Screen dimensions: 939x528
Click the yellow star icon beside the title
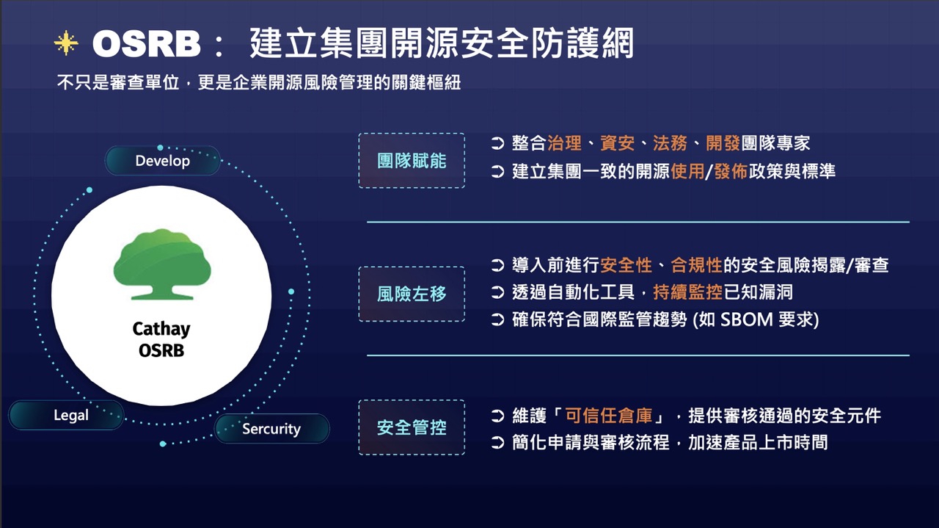pos(66,43)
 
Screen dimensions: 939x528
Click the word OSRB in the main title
pos(146,44)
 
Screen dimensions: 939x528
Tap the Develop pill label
pos(163,161)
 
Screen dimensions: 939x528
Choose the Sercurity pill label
pos(271,429)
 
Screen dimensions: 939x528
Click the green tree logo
pos(162,264)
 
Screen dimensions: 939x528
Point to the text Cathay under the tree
pos(161,329)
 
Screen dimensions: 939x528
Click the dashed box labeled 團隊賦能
pos(412,161)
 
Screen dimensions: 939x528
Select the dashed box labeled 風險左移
pos(412,294)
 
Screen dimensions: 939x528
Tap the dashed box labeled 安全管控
pos(412,427)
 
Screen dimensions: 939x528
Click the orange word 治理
pos(564,143)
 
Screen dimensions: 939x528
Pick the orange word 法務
pos(670,143)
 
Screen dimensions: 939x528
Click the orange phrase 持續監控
pos(688,292)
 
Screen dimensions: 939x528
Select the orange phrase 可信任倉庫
pos(609,416)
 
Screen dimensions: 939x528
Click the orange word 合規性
pos(697,265)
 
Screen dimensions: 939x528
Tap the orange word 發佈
pos(731,171)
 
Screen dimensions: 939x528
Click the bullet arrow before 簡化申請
pos(497,443)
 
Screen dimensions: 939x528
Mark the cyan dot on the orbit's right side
pos(291,292)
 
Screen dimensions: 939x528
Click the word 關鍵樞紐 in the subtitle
pos(426,82)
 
